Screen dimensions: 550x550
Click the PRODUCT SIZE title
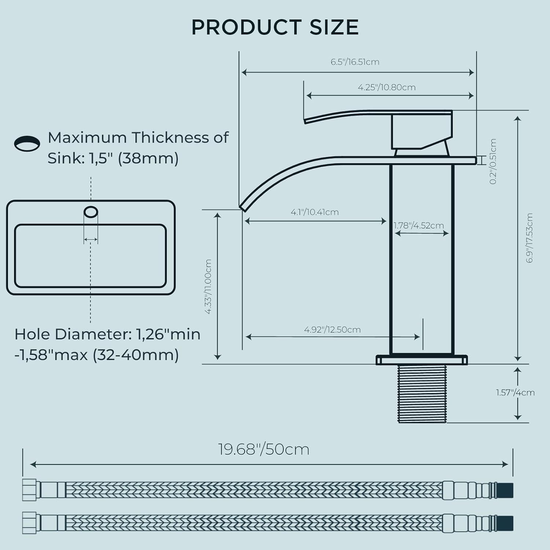pos(275,27)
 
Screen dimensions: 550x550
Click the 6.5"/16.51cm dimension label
pos(355,62)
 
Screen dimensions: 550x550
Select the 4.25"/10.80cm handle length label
pos(386,87)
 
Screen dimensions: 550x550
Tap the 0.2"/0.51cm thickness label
pos(493,161)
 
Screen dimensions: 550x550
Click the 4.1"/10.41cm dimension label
pos(315,212)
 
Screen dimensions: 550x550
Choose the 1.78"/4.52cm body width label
pos(419,225)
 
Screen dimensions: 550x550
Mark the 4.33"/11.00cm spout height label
pos(208,286)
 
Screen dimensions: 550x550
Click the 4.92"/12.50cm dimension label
pos(332,330)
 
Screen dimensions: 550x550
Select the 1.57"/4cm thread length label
pos(515,393)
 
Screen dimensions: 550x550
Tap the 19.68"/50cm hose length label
pos(264,449)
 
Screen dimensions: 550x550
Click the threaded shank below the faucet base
pos(422,393)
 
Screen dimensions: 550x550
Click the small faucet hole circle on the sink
pos(91,212)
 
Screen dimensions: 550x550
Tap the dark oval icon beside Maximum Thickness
pos(27,143)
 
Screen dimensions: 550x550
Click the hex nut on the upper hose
pos(29,489)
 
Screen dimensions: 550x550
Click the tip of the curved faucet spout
pos(242,208)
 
